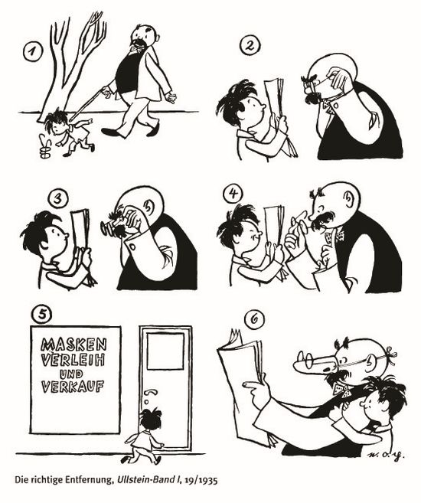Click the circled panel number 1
(32, 52)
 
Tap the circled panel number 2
(250, 45)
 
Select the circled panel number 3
(58, 199)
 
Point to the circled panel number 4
(233, 194)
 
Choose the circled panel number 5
(41, 314)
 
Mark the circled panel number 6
(254, 320)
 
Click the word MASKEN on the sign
(73, 345)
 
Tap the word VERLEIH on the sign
(73, 360)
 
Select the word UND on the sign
(71, 374)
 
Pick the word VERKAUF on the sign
(73, 387)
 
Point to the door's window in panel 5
(165, 351)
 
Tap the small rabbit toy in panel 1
(45, 147)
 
